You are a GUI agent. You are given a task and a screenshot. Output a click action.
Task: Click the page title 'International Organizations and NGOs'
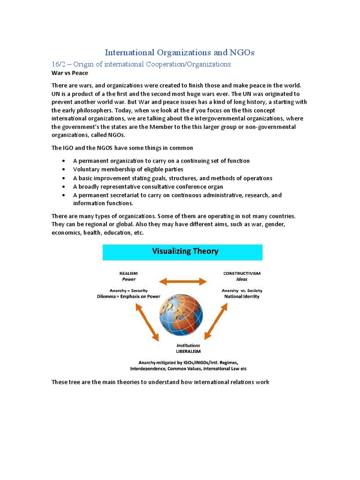coord(180,52)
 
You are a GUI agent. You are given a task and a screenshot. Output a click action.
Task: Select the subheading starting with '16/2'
coord(141,64)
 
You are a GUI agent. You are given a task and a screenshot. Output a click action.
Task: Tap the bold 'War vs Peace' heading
coord(69,73)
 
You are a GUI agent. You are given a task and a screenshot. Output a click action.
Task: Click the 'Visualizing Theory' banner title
coord(185,251)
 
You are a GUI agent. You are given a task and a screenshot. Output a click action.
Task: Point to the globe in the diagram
coord(180,315)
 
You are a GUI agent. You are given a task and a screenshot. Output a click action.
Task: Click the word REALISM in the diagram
coord(128,273)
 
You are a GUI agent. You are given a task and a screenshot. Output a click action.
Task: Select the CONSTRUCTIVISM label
coord(241,273)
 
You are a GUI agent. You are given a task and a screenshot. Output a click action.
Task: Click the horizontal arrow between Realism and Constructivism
coord(183,281)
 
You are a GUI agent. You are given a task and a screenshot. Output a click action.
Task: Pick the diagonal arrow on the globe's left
coord(146,322)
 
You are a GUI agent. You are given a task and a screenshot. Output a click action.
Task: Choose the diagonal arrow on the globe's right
coord(216,322)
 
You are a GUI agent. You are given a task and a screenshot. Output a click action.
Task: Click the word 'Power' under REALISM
coord(128,279)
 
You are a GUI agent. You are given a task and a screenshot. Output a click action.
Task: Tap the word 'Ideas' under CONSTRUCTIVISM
coord(241,279)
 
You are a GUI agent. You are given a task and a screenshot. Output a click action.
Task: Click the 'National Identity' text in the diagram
coord(241,296)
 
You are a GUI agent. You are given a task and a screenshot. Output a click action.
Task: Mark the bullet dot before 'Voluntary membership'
coord(63,170)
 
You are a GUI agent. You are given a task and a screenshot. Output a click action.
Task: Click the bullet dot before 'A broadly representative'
coord(63,187)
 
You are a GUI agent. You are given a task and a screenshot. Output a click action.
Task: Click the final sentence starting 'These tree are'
coord(160,382)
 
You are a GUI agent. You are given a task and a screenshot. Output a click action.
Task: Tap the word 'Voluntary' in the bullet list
coord(86,169)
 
